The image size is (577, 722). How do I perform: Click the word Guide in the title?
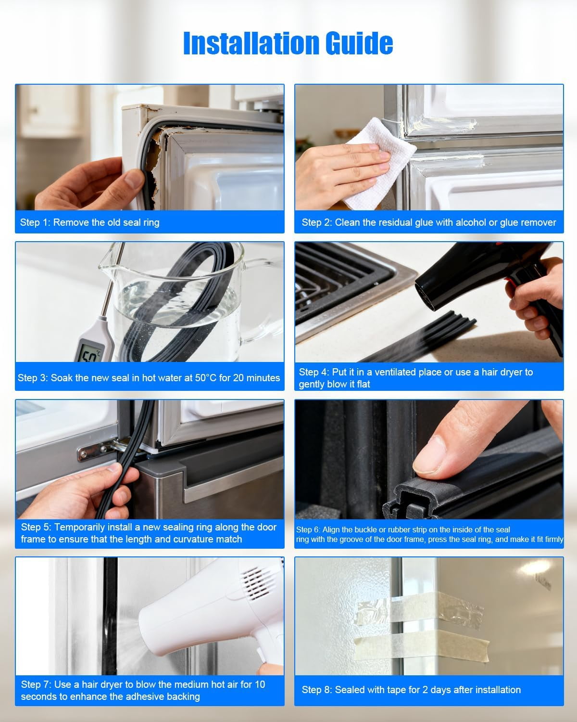click(359, 43)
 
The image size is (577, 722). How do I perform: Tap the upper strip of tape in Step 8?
click(419, 608)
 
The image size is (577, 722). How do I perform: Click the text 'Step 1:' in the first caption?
click(35, 222)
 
